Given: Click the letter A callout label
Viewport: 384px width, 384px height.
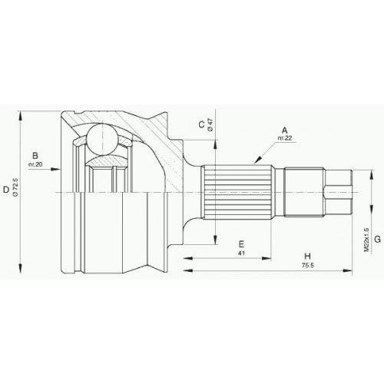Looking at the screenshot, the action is (x=284, y=131).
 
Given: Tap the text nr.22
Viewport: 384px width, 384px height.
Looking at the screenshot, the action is (x=285, y=138).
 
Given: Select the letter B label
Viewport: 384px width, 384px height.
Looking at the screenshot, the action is (x=35, y=156).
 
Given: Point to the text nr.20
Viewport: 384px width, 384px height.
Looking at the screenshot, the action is (x=35, y=164).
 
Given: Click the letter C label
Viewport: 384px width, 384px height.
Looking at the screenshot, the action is (x=202, y=124).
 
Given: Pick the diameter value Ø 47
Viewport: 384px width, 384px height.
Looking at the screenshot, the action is (x=210, y=124).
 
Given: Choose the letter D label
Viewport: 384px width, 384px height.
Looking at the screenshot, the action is (x=6, y=190).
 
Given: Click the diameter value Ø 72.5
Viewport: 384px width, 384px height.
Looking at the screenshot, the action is (x=15, y=187).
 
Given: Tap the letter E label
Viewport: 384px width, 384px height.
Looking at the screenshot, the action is (x=241, y=244).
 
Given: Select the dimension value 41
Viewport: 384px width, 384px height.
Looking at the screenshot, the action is (x=241, y=253).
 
